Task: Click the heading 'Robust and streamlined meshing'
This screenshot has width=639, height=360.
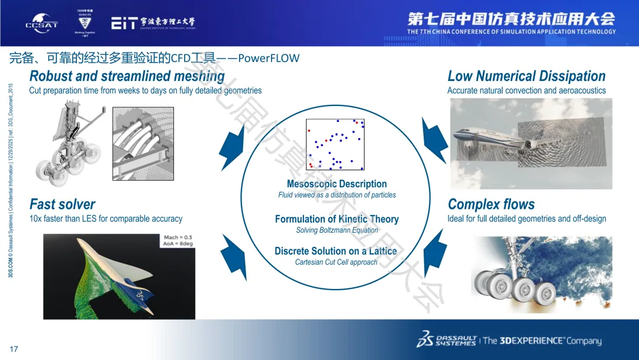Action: click(x=127, y=76)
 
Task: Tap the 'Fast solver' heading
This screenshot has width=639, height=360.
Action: click(x=62, y=204)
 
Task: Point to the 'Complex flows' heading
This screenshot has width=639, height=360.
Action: click(x=491, y=204)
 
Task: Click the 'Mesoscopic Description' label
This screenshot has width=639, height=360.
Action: click(x=337, y=184)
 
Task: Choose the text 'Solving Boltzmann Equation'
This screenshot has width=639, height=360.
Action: click(x=337, y=230)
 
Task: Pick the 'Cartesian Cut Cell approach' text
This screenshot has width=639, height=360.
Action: click(x=336, y=262)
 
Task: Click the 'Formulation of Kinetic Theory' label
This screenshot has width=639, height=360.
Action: click(x=337, y=219)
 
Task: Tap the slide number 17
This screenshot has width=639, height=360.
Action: click(x=14, y=349)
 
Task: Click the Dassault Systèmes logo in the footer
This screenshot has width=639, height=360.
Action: click(x=447, y=340)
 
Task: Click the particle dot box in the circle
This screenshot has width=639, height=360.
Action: click(x=335, y=144)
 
